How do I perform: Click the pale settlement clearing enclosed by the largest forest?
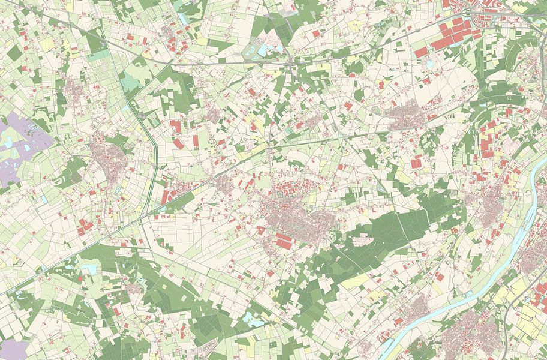pos(362,240)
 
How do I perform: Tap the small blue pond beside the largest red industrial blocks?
pos(430,63)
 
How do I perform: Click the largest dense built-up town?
pos(294,213)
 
